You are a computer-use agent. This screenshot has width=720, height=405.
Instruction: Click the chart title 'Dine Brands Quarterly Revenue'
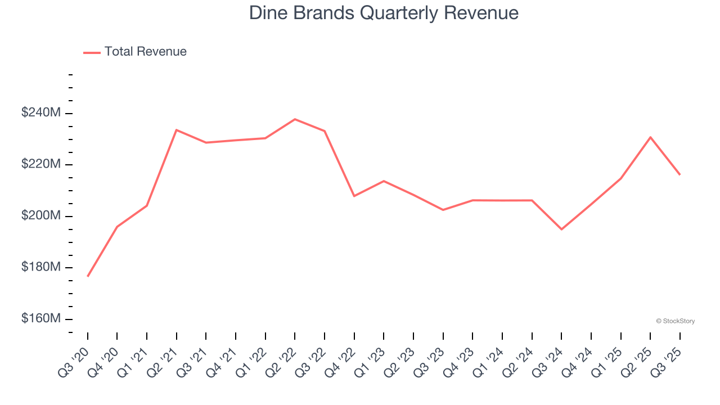[x=384, y=13]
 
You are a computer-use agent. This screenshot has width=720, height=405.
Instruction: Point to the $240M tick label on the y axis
[x=41, y=113]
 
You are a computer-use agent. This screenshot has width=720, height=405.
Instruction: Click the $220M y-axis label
[x=41, y=164]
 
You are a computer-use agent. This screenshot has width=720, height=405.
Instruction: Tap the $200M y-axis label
[x=41, y=216]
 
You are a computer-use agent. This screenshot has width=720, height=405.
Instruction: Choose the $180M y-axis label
[x=41, y=267]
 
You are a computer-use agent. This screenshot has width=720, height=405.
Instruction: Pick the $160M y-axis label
[x=41, y=319]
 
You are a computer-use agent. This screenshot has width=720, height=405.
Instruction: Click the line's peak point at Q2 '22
[x=295, y=119]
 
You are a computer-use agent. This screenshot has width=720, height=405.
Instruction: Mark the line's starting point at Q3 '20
[x=88, y=276]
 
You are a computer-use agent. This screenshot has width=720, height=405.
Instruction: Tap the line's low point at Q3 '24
[x=561, y=229]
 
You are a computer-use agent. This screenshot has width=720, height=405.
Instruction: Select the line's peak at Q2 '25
[x=650, y=137]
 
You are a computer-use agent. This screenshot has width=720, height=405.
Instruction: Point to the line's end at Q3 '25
[x=679, y=174]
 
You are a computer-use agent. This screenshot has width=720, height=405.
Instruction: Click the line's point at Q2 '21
[x=177, y=130]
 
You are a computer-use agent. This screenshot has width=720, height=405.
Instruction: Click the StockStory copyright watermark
[x=675, y=321]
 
